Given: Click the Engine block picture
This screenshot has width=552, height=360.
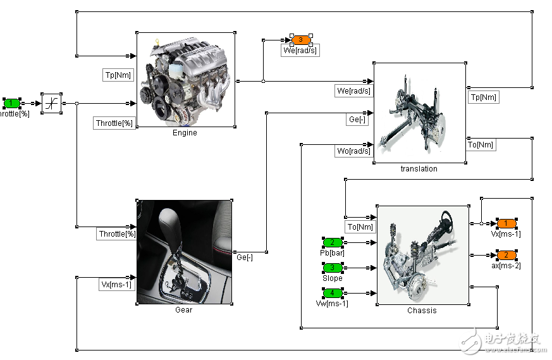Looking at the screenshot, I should point(186,79).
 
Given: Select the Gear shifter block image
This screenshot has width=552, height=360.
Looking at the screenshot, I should point(183,252).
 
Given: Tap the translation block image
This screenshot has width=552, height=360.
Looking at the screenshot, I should point(419,113).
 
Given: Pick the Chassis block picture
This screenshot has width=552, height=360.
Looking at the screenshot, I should point(422,254).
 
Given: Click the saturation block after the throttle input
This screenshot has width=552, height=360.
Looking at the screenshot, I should point(51,103).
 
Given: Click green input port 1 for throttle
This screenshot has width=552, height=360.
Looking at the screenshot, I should point(11,103).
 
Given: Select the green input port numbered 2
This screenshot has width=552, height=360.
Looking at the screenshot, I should point(333,242).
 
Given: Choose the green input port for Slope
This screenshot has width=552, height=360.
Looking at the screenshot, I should point(333,268).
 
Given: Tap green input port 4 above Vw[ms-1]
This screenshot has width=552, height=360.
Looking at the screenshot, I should point(333,293).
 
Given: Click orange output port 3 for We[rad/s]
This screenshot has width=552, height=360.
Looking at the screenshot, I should point(301,40).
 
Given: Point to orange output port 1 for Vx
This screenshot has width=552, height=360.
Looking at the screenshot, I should point(506,223).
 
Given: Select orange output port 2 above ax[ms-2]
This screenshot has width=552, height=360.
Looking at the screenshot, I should point(506,255).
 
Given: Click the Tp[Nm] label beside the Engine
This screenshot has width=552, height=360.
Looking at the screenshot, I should point(118,75).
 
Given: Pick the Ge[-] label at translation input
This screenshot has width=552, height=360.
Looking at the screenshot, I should point(358,119).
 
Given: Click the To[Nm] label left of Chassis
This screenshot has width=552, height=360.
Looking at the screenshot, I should point(360,227).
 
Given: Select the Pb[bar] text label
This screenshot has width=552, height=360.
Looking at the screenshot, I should point(333,252).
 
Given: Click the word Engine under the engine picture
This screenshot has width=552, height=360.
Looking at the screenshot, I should point(185,133).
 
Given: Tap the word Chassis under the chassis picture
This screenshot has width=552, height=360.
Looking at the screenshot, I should point(422,311).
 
